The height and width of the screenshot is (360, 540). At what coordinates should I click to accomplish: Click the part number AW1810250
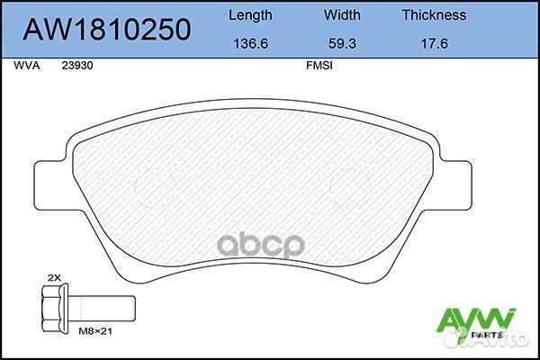(x=107, y=29)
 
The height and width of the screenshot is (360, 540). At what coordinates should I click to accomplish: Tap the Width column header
(x=342, y=14)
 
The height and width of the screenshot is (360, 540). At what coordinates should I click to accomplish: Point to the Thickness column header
(x=434, y=14)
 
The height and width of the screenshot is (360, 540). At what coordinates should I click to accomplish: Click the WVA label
(x=26, y=66)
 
